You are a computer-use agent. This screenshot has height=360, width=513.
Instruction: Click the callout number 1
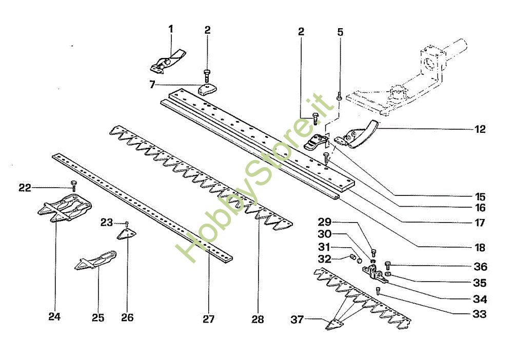(170, 29)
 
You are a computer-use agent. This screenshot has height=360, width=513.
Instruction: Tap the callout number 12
(480, 129)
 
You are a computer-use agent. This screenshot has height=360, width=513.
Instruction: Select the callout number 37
(297, 319)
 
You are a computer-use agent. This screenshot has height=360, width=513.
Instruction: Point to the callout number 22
(25, 188)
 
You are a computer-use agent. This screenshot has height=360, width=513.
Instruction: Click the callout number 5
(340, 32)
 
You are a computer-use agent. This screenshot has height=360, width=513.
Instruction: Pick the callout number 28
(258, 319)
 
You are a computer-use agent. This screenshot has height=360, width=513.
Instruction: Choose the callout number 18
(480, 248)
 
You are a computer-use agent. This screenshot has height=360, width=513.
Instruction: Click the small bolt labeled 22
(73, 185)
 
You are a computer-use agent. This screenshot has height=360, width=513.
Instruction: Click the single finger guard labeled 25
(95, 261)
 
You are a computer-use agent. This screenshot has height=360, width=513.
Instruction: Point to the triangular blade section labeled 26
(127, 234)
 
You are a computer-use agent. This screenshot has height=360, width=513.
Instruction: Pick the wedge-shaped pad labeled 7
(207, 89)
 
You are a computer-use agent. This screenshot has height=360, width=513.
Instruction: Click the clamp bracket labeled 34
(374, 273)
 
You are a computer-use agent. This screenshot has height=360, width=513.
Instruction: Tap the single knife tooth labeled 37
(334, 324)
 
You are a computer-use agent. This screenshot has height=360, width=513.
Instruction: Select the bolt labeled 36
(388, 265)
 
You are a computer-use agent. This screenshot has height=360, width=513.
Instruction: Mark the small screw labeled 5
(339, 97)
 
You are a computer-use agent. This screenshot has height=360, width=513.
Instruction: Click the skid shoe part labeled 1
(168, 61)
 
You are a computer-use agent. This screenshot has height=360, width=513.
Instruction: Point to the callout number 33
(480, 314)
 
